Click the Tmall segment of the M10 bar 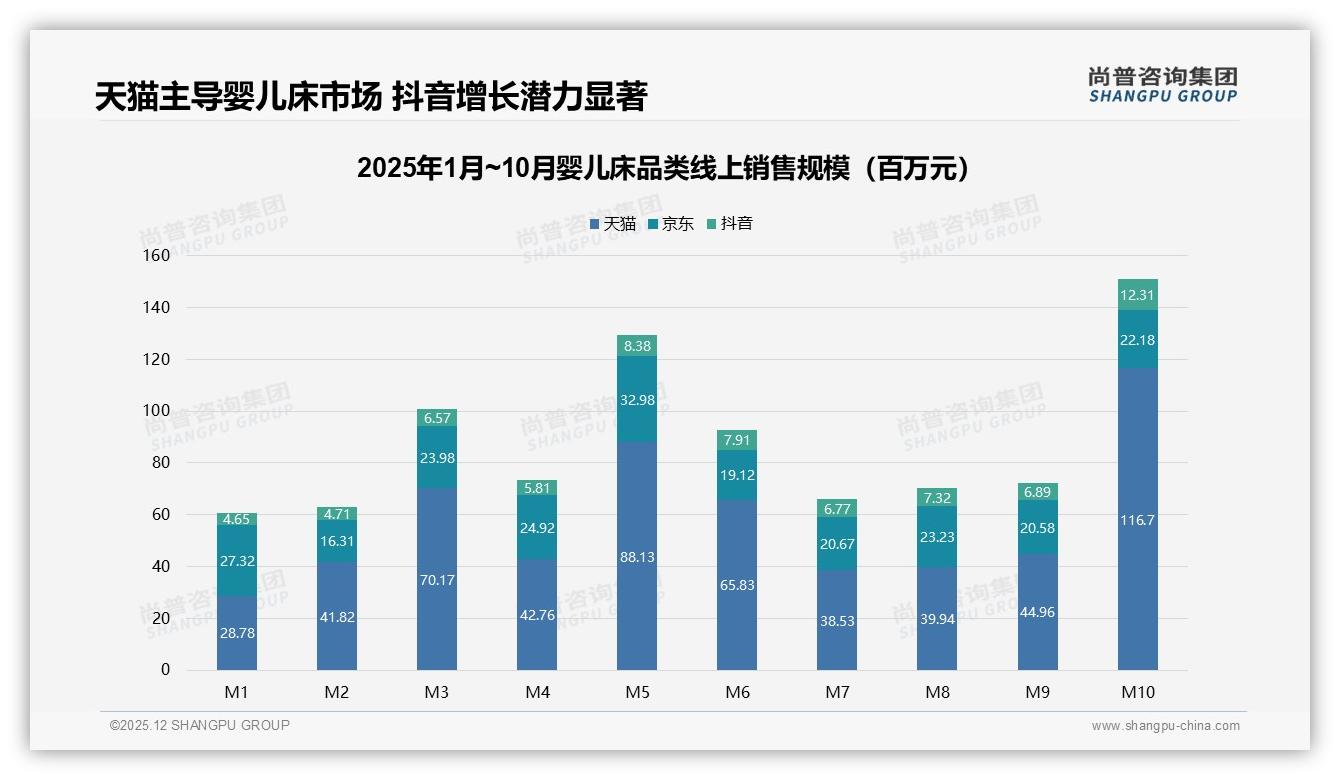1137,520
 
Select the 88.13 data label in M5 637,557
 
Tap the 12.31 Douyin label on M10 1137,295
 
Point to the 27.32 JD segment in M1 237,561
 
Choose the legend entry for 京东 670,224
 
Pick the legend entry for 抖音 729,224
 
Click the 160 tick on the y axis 157,256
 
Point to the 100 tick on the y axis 157,411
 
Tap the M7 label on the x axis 837,692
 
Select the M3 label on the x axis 437,692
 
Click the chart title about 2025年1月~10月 664,168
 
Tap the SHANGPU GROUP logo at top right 1162,85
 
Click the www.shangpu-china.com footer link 1165,726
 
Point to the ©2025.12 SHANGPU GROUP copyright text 200,726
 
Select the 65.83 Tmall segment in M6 737,585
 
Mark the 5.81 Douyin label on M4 537,488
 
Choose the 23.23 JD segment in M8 937,537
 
